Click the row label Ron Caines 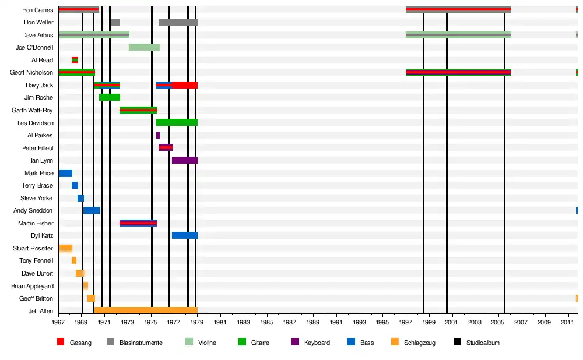(x=37, y=10)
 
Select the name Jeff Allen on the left (x=41, y=311)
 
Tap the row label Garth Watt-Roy (x=33, y=110)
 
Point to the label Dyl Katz (x=42, y=235)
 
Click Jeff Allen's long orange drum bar (x=146, y=310)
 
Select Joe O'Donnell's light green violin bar (x=144, y=47)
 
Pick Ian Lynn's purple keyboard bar (x=184, y=160)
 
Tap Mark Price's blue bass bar (x=65, y=173)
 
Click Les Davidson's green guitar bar (x=177, y=122)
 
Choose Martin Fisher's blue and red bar (x=138, y=223)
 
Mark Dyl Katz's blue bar (x=184, y=235)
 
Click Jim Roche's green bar (x=110, y=97)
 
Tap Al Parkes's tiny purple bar (x=157, y=135)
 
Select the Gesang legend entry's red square (x=61, y=343)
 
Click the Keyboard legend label (x=317, y=343)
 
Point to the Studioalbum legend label (x=483, y=343)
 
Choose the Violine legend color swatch (x=189, y=343)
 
